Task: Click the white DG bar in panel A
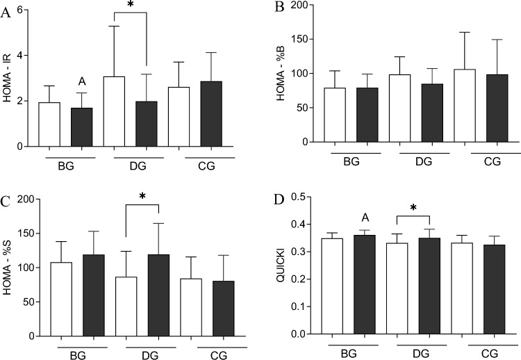pos(115,112)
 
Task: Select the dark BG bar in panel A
pos(81,127)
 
